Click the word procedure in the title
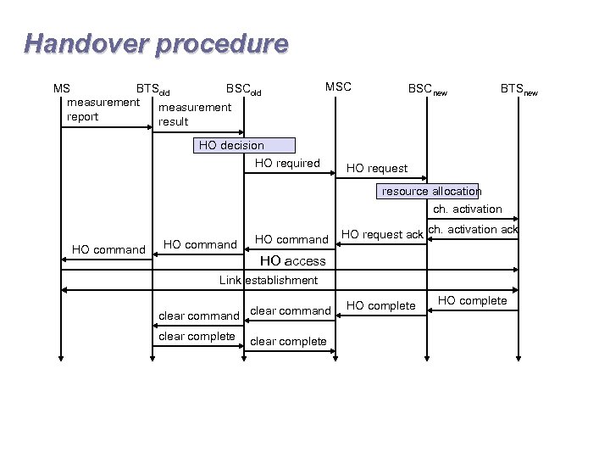click(x=222, y=43)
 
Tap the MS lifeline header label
click(x=61, y=87)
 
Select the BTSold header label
click(x=153, y=88)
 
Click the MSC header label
click(x=338, y=87)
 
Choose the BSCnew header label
click(x=428, y=89)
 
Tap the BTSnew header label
click(x=518, y=88)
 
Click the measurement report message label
click(x=103, y=109)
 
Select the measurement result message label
click(x=194, y=114)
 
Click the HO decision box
click(x=245, y=145)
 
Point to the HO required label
click(x=287, y=163)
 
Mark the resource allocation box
click(x=430, y=191)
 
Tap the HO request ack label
click(x=381, y=234)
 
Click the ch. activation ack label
click(x=473, y=229)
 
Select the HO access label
click(x=292, y=261)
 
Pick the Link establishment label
click(x=269, y=280)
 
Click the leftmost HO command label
click(x=108, y=249)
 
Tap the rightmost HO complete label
click(x=472, y=300)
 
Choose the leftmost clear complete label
click(x=197, y=336)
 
